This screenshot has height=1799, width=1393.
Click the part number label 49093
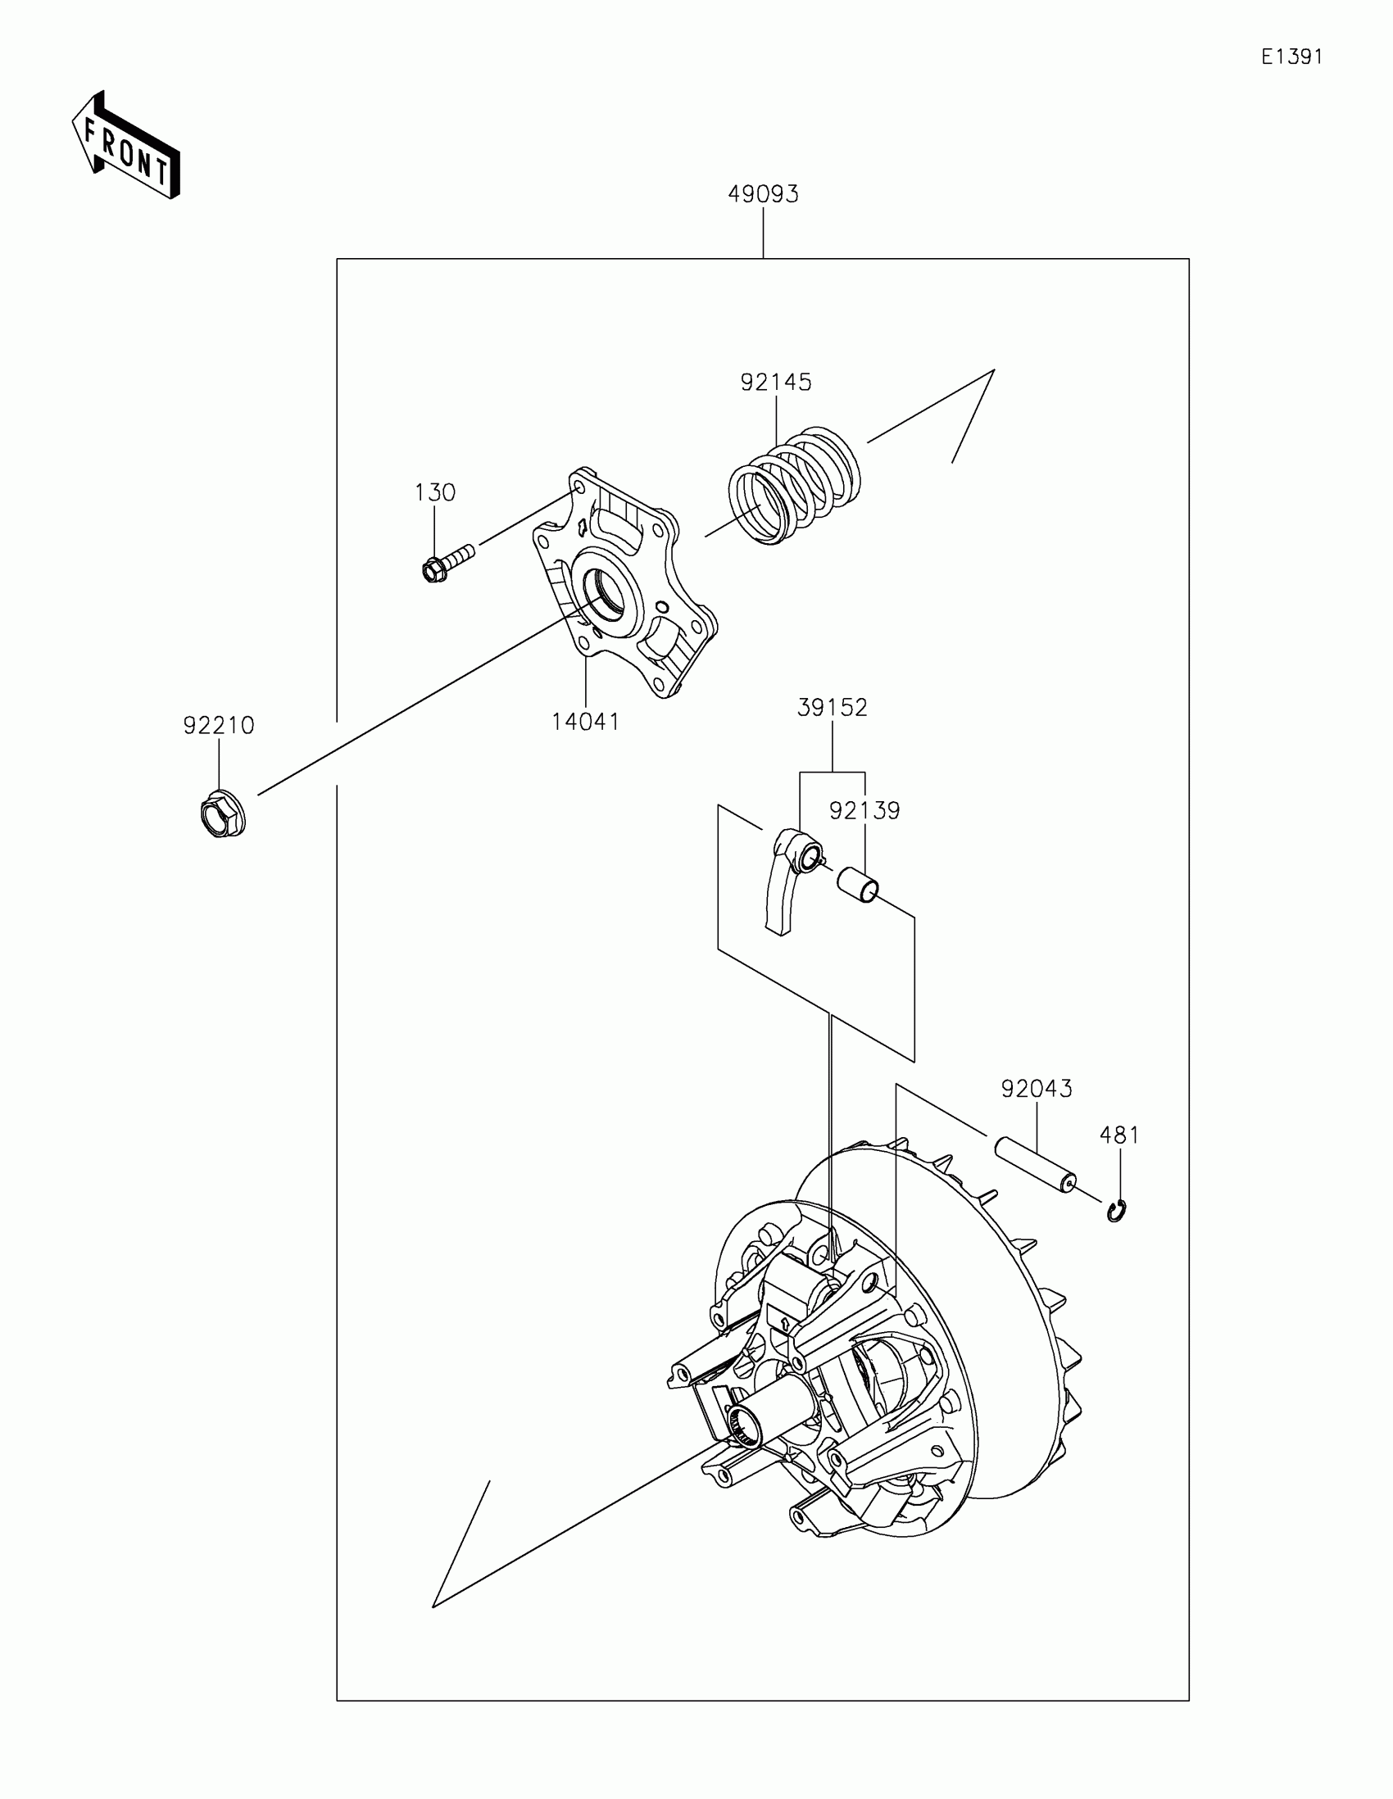(x=763, y=194)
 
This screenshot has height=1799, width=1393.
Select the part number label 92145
(x=775, y=383)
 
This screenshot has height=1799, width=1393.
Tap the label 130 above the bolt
(x=434, y=492)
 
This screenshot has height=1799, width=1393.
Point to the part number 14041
(x=585, y=722)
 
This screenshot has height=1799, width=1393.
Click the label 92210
(x=218, y=726)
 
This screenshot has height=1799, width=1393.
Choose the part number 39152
(x=832, y=708)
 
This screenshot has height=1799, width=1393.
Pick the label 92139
(x=864, y=810)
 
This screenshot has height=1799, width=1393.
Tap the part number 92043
(x=1037, y=1089)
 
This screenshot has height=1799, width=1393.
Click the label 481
(x=1119, y=1135)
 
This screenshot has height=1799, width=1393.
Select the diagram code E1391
(x=1291, y=57)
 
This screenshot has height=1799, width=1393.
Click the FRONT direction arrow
(x=126, y=147)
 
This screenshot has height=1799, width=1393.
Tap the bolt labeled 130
(x=445, y=562)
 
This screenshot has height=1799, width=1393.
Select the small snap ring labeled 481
(x=1117, y=1211)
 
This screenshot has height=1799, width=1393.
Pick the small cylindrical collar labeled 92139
(x=859, y=886)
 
